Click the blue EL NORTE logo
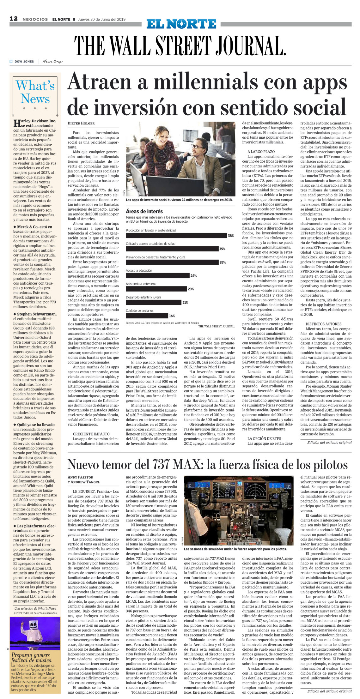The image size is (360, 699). pyautogui.click(x=181, y=24)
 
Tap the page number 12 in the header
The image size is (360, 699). pyautogui.click(x=14, y=19)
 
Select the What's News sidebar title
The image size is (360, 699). pyautogui.click(x=35, y=92)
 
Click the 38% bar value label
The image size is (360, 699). pyautogui.click(x=231, y=236)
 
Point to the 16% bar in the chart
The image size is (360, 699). pyautogui.click(x=147, y=316)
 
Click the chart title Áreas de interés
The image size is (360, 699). pyautogui.click(x=144, y=211)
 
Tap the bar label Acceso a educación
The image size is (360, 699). pyautogui.click(x=139, y=270)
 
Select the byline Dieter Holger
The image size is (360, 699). pyautogui.click(x=81, y=124)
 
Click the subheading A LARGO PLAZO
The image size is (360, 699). pyautogui.click(x=261, y=152)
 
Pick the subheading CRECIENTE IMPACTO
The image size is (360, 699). pyautogui.click(x=91, y=434)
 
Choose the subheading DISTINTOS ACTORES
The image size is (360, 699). pyautogui.click(x=323, y=324)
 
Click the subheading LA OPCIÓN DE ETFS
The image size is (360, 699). pyautogui.click(x=264, y=439)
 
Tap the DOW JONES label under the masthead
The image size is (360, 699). pyautogui.click(x=24, y=62)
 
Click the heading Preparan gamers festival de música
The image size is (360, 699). pyautogui.click(x=31, y=658)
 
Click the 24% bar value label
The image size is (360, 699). pyautogui.click(x=193, y=276)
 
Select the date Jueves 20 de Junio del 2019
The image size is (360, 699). pyautogui.click(x=101, y=19)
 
